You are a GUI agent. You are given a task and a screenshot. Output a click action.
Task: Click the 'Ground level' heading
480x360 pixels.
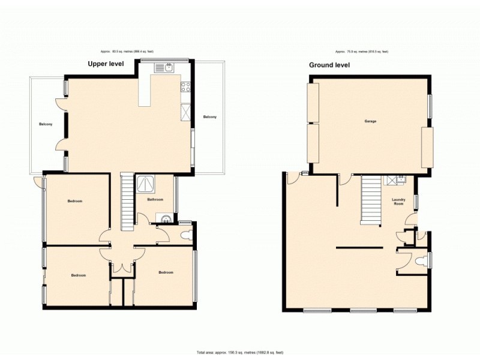point(329,64)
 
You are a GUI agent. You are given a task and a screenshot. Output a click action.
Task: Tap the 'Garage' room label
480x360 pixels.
point(370,121)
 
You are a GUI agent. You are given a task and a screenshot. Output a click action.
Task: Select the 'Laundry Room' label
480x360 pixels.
point(398,202)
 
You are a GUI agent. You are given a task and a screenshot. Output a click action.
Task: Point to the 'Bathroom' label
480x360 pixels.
point(155,199)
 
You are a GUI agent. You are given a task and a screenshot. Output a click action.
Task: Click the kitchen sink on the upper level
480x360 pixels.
point(164,68)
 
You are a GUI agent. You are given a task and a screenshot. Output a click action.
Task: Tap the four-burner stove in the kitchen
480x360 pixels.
point(185,87)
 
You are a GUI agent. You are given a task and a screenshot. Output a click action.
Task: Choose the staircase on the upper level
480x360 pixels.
point(127,202)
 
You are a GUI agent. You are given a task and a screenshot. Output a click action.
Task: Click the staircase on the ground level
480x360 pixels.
point(370,201)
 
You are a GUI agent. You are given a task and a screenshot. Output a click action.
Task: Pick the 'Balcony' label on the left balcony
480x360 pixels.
point(46,124)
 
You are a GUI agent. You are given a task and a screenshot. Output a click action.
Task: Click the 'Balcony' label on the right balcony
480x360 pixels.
point(209,116)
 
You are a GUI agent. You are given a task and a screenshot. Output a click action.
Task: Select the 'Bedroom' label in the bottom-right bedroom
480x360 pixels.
point(166,272)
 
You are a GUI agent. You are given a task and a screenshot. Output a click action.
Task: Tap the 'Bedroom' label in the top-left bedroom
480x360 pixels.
point(74,201)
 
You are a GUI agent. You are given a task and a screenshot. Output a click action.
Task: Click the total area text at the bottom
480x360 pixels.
point(240,352)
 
